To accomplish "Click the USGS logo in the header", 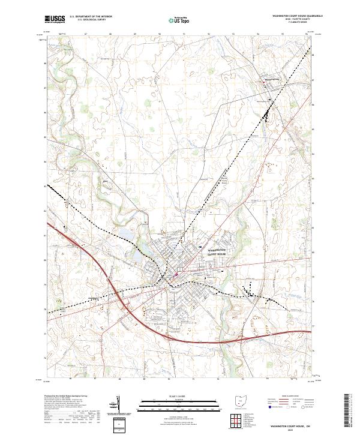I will pos(55,19).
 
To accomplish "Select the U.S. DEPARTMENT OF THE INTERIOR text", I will pos(91,17).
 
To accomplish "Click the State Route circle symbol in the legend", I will pos(302,407).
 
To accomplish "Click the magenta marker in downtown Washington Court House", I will pos(176,275).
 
